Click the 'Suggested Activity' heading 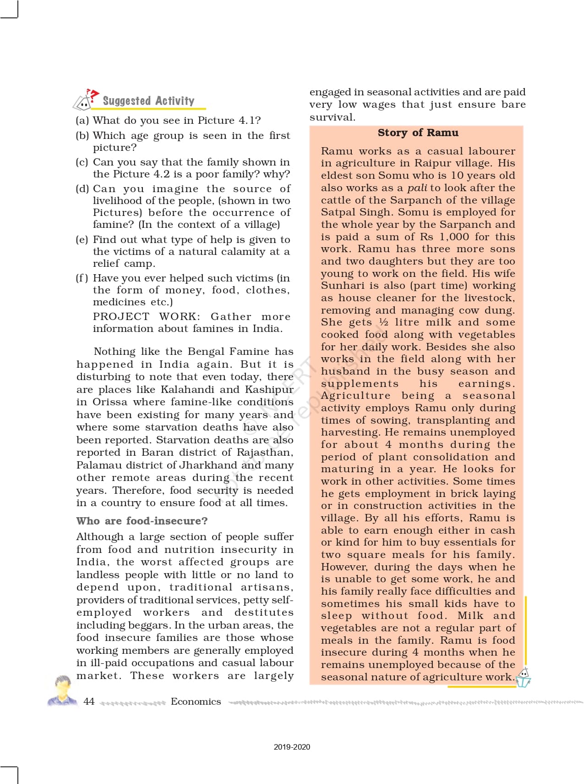[148, 101]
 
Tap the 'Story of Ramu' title [418, 133]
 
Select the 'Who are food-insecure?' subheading [142, 521]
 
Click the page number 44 [89, 701]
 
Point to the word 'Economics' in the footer [196, 701]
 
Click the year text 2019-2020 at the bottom [292, 747]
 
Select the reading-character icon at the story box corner [523, 678]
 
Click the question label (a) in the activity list [82, 121]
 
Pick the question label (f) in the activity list [82, 278]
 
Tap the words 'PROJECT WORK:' [146, 317]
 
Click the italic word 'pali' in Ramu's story [417, 188]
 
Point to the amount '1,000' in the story [454, 237]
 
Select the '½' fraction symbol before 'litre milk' [383, 322]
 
